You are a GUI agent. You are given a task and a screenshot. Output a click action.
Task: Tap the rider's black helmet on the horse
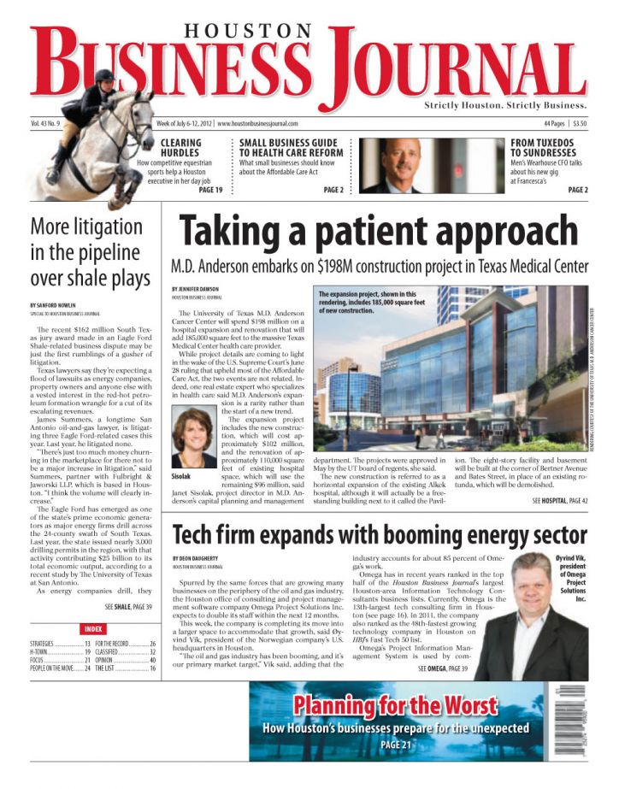click(x=105, y=77)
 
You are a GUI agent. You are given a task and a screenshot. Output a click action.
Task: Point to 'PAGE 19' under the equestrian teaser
click(x=211, y=190)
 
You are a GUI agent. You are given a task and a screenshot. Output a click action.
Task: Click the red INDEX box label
click(x=95, y=628)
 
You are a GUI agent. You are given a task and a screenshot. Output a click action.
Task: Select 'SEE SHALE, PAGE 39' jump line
click(x=128, y=607)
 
